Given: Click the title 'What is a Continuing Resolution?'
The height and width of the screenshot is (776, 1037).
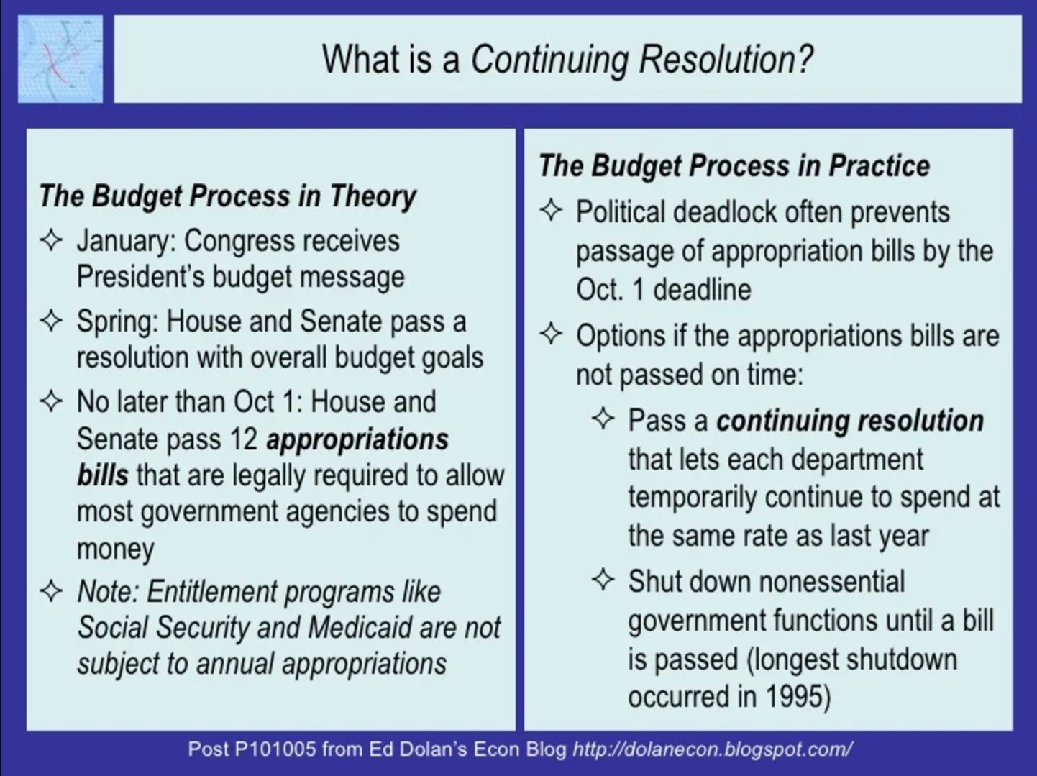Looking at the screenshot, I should tap(567, 59).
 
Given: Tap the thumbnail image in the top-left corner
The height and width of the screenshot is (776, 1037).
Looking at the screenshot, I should tap(60, 59).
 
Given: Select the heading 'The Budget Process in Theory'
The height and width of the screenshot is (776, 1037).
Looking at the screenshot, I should tap(227, 196).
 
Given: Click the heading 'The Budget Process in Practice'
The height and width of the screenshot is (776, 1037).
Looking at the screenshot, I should tap(734, 165).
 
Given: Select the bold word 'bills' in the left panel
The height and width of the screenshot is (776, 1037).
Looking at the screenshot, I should tap(103, 475).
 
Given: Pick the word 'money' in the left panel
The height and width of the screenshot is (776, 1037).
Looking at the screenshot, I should tap(115, 549).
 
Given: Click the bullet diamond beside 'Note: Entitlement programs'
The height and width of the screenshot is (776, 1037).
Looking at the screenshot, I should tap(52, 591).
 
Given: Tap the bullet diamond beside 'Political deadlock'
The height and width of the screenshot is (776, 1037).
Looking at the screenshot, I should tap(551, 211).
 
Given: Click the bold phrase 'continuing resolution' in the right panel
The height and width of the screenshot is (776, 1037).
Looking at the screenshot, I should tap(849, 421).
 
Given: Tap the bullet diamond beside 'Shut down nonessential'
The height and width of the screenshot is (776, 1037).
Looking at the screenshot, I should tap(603, 580).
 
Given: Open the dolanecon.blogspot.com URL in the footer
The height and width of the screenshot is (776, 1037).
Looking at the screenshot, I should tap(712, 749).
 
